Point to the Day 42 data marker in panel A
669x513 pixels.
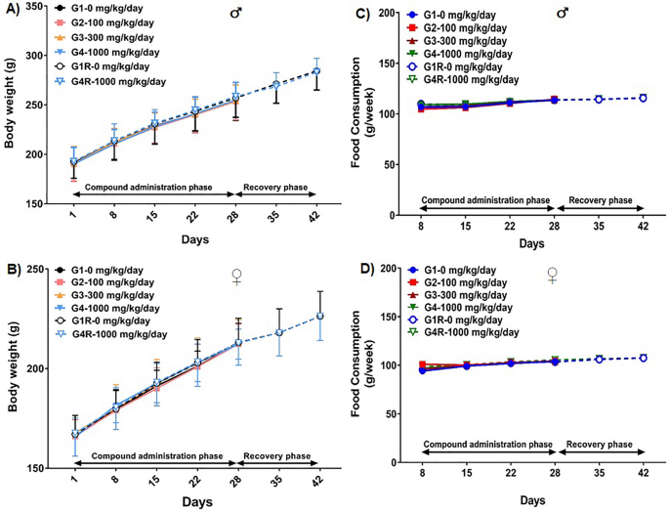(x=315, y=70)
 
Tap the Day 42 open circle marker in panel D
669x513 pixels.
(x=642, y=358)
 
